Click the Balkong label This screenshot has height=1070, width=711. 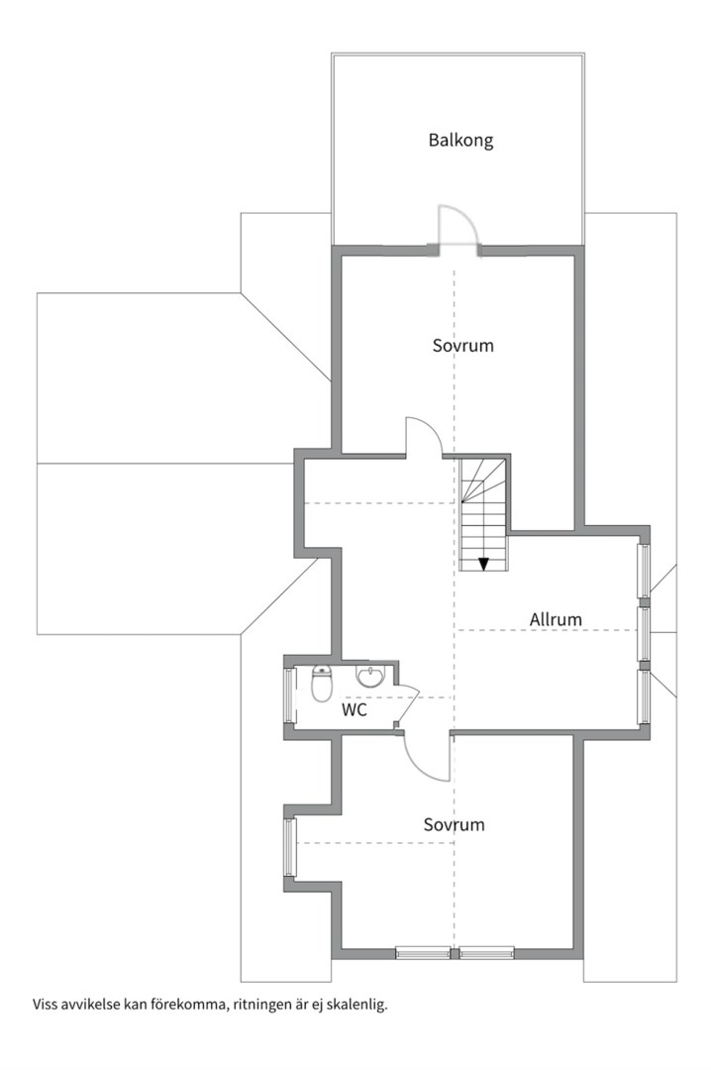tap(460, 141)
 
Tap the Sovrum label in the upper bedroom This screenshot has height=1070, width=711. tap(462, 346)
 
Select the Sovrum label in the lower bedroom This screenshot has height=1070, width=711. tap(454, 824)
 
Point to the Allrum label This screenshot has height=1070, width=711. tap(556, 619)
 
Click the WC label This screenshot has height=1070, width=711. tap(355, 710)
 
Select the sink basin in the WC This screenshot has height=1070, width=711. tap(370, 677)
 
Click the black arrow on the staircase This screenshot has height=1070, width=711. tap(484, 564)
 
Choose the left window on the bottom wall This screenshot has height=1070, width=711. tap(423, 953)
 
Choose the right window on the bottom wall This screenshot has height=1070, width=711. tap(486, 953)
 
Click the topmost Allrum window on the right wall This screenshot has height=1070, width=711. tap(644, 572)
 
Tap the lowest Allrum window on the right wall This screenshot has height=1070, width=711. tap(644, 696)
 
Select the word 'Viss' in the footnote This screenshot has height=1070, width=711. tap(45, 1004)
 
